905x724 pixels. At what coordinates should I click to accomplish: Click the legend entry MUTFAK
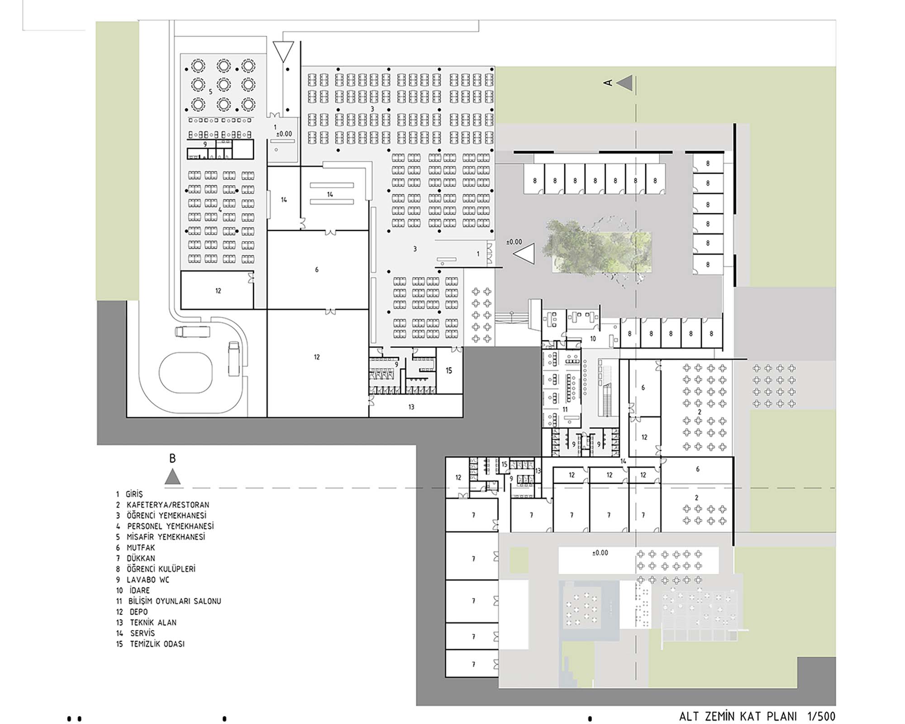tap(141, 548)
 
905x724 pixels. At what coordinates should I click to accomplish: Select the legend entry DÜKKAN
tap(141, 558)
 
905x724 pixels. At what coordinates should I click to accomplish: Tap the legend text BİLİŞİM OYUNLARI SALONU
tap(175, 601)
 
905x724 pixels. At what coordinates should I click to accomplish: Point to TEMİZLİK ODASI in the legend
tap(157, 644)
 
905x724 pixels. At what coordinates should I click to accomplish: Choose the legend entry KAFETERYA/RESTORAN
tap(168, 505)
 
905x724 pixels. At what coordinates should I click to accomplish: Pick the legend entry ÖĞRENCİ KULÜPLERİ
tap(161, 569)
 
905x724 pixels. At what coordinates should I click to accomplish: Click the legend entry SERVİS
tap(143, 633)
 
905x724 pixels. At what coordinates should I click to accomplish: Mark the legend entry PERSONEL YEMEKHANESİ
tap(170, 526)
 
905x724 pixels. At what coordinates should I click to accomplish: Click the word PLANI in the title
tap(782, 716)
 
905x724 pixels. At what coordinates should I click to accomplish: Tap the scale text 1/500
tap(821, 716)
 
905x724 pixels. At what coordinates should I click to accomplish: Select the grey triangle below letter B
tap(172, 476)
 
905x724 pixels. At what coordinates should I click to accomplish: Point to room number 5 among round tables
tap(210, 92)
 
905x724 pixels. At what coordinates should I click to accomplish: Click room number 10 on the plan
tap(593, 338)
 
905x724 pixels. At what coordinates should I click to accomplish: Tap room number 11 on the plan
tap(565, 410)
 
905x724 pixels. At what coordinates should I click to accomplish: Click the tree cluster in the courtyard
tap(597, 252)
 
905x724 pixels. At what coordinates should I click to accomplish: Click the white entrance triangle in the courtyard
tap(524, 254)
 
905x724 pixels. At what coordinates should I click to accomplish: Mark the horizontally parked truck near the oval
tap(193, 332)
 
